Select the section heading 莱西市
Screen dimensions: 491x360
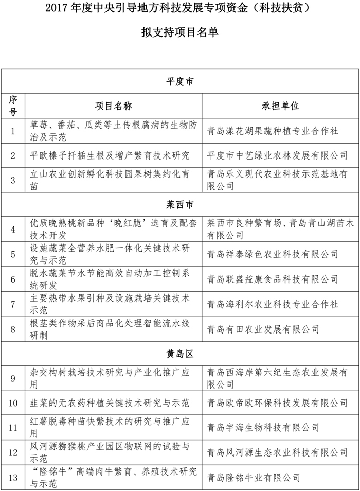tap(180, 205)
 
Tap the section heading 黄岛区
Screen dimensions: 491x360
tap(180, 354)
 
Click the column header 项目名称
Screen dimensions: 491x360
tap(114, 106)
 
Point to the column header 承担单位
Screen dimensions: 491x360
tap(280, 106)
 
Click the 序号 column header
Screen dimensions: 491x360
tap(13, 106)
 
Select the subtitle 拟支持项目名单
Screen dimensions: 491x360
tap(179, 32)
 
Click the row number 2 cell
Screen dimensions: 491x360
tap(13, 155)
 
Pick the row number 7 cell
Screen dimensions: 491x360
tap(13, 304)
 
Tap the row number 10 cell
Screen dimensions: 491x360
tap(13, 402)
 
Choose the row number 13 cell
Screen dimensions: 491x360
tap(13, 478)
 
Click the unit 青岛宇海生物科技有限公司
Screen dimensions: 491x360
tap(263, 427)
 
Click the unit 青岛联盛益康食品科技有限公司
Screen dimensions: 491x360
tap(272, 279)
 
